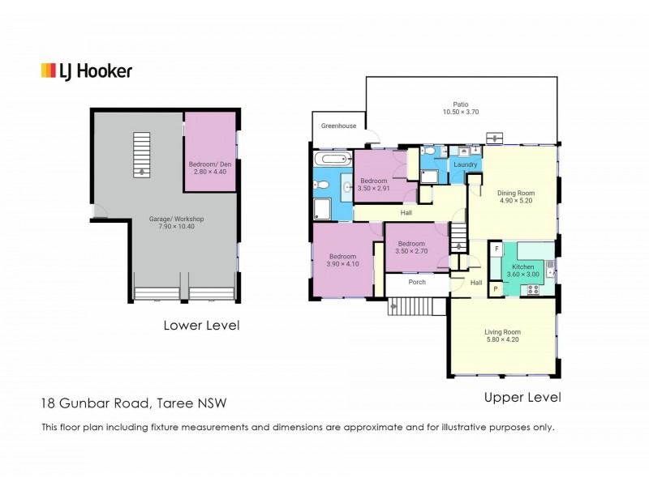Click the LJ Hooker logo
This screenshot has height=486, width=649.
86,71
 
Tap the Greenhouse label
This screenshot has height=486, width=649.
338,126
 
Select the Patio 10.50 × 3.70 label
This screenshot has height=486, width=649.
461,109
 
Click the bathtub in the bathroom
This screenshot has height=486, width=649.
332,159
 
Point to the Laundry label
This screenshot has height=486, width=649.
465,164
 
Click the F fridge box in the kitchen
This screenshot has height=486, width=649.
496,249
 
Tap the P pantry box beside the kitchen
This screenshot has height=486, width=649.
495,288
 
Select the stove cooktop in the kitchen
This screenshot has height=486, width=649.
534,289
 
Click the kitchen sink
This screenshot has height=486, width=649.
550,266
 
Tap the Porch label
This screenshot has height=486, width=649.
417,283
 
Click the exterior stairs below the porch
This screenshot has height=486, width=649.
417,306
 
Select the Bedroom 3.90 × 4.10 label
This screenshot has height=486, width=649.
342,258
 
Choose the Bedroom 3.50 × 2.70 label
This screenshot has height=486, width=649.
411,247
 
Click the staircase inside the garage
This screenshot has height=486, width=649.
142,154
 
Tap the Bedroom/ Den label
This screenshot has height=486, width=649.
210,167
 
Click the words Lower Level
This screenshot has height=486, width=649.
201,326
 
